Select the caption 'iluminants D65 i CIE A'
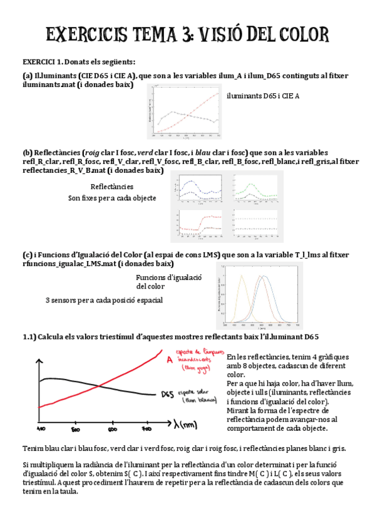coord(263,96)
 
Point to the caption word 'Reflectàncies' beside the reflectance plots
coord(111,187)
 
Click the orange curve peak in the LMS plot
coord(239,277)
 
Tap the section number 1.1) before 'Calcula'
coord(29,336)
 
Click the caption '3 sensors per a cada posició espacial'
coord(104,300)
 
